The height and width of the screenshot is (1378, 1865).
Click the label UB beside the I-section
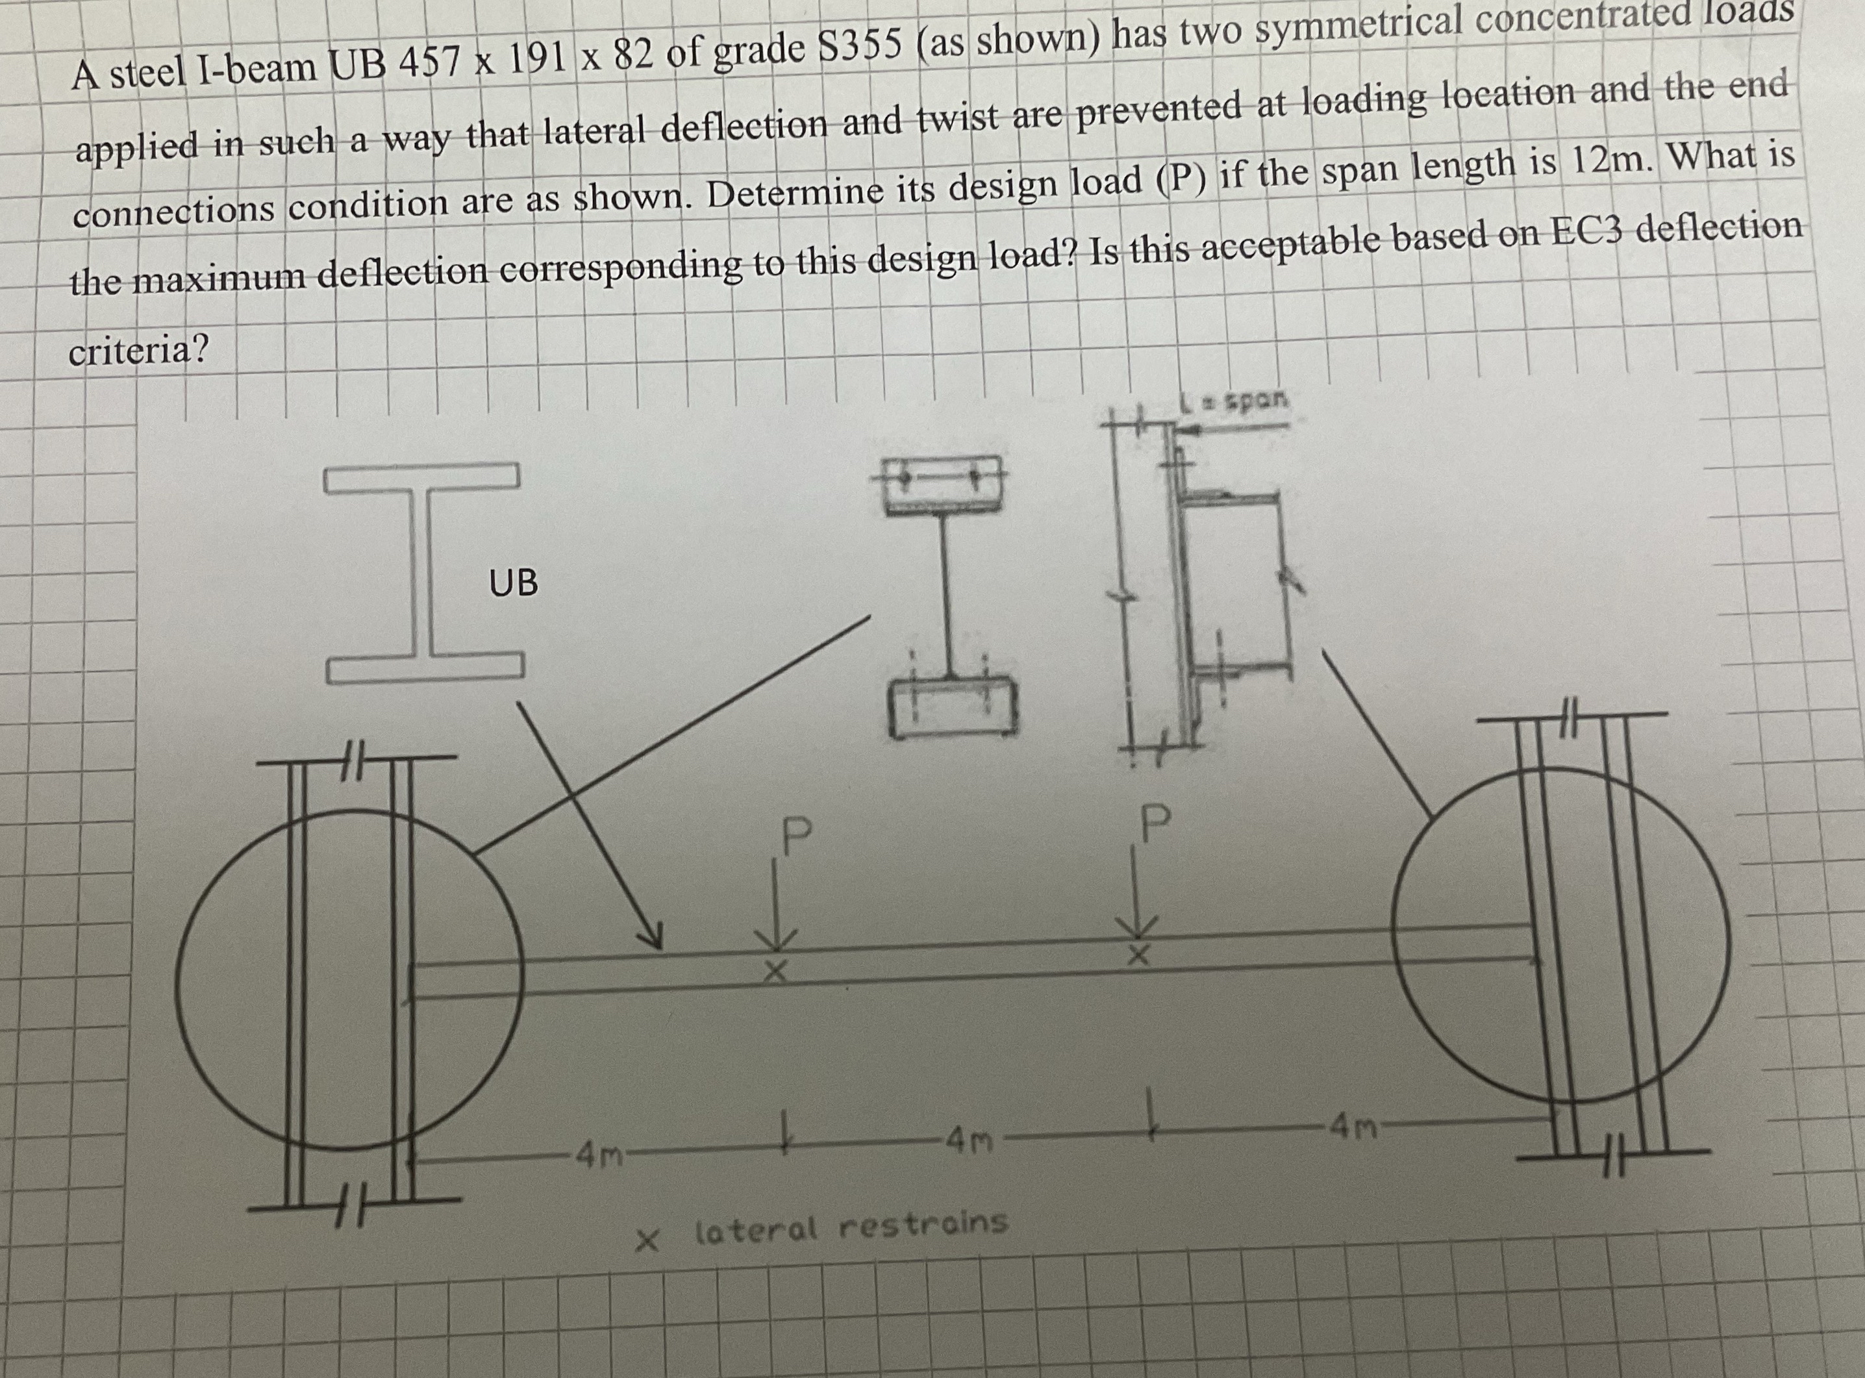point(513,583)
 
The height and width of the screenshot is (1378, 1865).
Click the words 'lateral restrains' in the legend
point(851,1226)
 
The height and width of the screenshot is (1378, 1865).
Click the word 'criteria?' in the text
point(138,350)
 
